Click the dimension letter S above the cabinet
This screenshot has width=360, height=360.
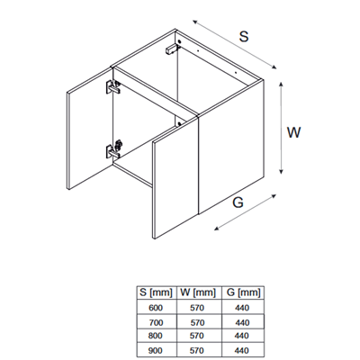pos(244,36)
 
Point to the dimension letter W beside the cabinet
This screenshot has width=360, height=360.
pos(293,132)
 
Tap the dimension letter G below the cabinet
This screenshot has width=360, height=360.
pos(238,202)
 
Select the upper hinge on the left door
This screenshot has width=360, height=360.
pos(112,86)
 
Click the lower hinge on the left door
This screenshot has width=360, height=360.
pos(113,149)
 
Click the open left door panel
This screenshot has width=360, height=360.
pos(89,129)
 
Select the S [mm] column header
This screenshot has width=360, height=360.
pos(157,292)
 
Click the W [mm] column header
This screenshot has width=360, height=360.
pos(198,292)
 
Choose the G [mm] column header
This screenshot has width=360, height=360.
pos(243,292)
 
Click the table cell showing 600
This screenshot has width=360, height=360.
pos(157,307)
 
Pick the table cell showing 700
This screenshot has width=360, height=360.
pos(157,322)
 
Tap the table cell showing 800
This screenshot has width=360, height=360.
pos(157,336)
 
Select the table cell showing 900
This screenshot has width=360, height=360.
pos(157,350)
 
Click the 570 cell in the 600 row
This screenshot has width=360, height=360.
pos(197,307)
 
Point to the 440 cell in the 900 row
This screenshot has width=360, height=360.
pos(242,350)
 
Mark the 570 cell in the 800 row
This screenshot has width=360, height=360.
pos(197,336)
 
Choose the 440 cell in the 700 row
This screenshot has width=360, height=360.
pos(242,322)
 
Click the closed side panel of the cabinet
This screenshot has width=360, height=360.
pos(231,147)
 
